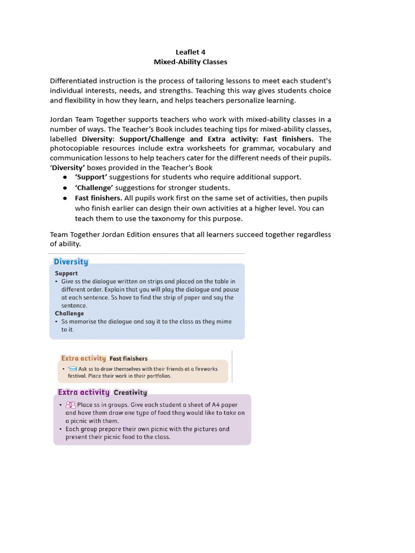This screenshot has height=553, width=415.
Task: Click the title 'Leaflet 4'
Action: (190, 52)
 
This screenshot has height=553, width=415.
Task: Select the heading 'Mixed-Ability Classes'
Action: (190, 62)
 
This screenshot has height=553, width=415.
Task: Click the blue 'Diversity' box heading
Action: (71, 262)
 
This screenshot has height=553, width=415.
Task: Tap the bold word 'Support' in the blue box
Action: (66, 273)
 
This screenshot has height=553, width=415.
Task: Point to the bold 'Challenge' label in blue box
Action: (69, 313)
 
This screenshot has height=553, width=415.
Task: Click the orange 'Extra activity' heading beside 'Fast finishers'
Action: (83, 358)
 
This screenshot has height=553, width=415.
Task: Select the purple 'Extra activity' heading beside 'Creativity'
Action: (84, 393)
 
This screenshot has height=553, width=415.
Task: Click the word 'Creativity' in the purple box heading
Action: (130, 393)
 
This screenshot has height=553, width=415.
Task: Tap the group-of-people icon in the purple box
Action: (70, 404)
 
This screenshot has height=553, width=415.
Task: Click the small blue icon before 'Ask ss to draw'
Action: (72, 369)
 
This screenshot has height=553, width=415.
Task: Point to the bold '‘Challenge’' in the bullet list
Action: (94, 188)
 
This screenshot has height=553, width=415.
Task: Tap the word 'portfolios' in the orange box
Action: (155, 376)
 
